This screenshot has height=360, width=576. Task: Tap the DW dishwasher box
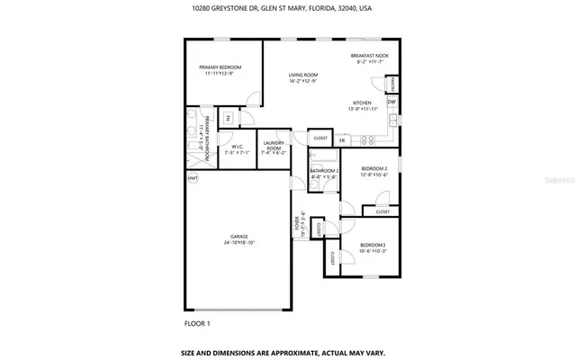(391, 103)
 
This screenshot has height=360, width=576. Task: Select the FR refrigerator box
(342, 141)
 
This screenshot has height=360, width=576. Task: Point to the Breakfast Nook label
(368, 56)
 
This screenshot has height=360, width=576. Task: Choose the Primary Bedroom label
(220, 67)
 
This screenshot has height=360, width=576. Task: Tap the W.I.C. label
(238, 146)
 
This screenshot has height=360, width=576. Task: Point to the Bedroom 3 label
(373, 245)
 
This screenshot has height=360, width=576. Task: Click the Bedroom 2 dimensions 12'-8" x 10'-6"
(373, 175)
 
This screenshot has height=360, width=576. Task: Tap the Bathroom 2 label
(324, 170)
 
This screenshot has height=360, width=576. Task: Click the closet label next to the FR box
(319, 139)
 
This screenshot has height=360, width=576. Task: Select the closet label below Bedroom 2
(382, 211)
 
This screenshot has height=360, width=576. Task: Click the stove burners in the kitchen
(367, 139)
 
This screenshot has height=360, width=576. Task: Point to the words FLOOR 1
(197, 322)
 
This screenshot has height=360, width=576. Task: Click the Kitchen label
(362, 103)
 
